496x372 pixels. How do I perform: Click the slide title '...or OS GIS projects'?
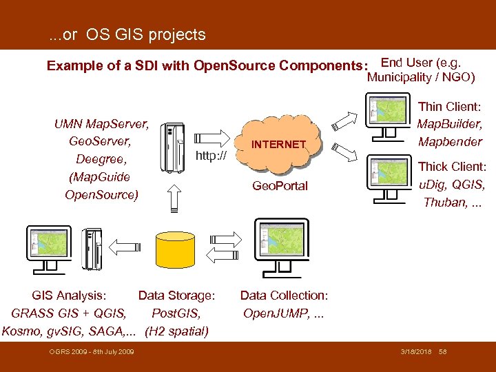coord(127,34)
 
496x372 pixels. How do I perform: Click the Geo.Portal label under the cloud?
coord(280,186)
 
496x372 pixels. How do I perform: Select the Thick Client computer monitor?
coord(389,175)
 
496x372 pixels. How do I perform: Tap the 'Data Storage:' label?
coord(177,296)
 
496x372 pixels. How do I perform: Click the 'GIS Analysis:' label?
coord(70,296)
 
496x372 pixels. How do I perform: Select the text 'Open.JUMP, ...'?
coord(283,313)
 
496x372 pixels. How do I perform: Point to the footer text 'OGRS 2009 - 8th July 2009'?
coord(92,353)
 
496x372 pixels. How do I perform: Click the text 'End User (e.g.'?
coord(421,62)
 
